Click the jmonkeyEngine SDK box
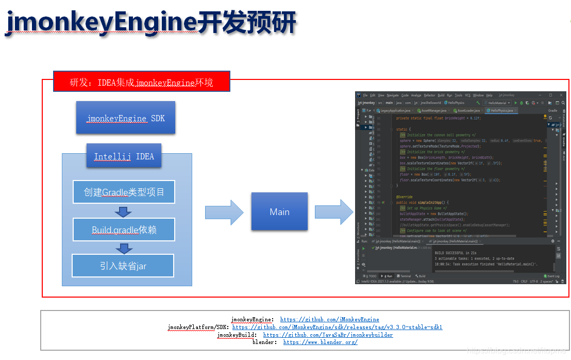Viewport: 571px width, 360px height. (126, 119)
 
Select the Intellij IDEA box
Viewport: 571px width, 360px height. (124, 156)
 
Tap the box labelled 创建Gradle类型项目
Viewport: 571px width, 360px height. (124, 192)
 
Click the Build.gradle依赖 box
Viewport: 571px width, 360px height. (124, 230)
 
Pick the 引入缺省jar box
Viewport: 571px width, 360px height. (123, 266)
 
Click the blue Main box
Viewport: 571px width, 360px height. (279, 211)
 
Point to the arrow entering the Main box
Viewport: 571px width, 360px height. (224, 212)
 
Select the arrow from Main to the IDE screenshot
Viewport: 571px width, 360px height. (333, 212)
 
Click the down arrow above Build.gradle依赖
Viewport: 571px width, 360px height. (124, 211)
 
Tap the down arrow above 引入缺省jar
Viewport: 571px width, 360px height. (124, 249)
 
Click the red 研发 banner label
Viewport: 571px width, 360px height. (141, 82)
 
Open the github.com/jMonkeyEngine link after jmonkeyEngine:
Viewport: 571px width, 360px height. (329, 320)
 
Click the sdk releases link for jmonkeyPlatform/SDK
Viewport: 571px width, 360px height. (337, 327)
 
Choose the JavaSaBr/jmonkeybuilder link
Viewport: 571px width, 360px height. (328, 335)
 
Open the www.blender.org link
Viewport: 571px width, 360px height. (320, 342)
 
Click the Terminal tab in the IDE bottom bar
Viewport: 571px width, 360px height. (405, 276)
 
